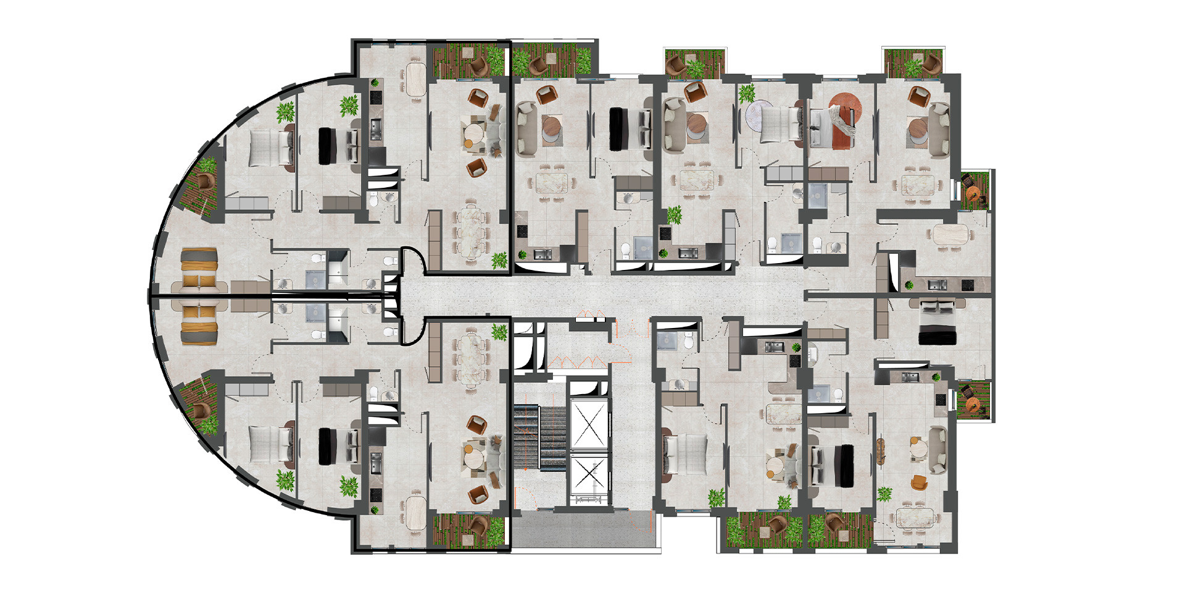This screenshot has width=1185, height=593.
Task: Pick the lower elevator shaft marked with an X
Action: [589, 476]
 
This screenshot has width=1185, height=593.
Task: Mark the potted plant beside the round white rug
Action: [747, 93]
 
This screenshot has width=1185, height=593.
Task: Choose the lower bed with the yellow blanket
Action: [199, 323]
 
